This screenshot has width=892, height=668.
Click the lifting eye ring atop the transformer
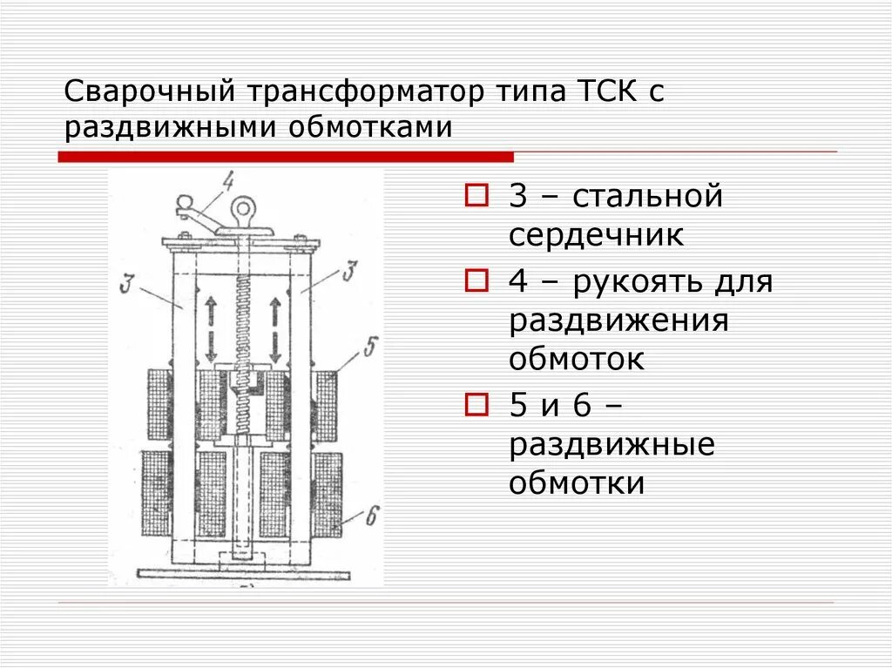tap(243, 209)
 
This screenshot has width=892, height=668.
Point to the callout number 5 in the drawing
tap(369, 349)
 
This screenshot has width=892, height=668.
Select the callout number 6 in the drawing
tap(370, 516)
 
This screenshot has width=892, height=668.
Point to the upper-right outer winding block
tap(327, 405)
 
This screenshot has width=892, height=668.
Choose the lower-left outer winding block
tap(157, 494)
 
